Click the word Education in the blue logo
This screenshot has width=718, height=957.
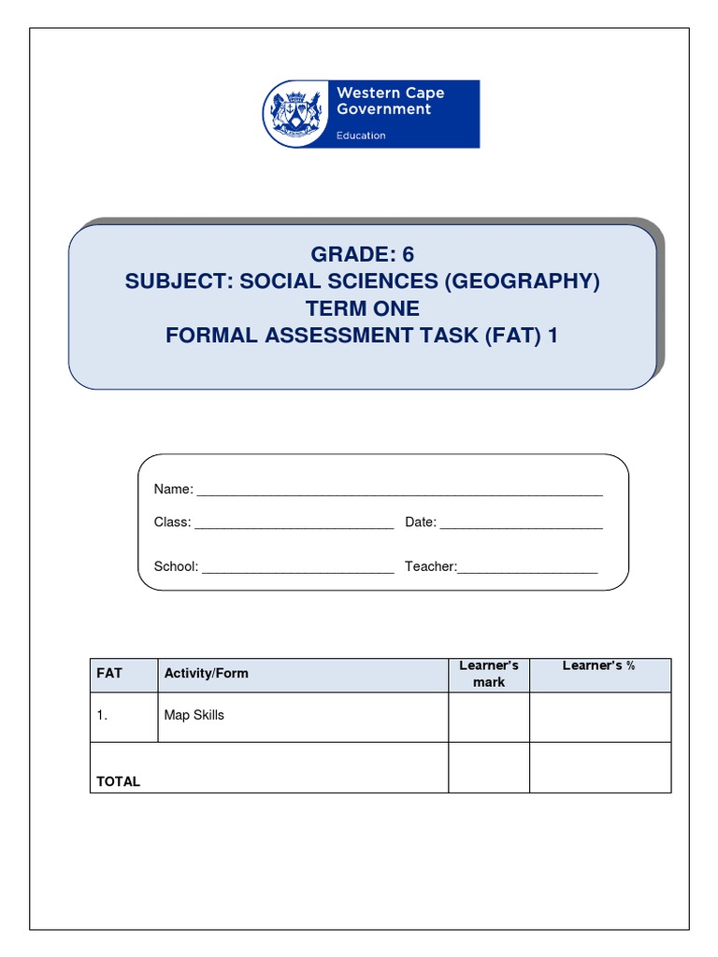(361, 136)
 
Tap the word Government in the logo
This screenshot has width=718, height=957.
(383, 109)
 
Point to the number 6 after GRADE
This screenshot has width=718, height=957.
(407, 254)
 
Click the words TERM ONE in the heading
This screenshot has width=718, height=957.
(362, 308)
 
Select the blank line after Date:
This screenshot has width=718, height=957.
(521, 524)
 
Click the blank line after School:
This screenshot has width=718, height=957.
(297, 568)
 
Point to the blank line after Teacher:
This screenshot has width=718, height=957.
(527, 568)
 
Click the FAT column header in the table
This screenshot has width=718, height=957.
(109, 673)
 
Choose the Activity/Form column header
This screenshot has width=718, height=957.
(207, 673)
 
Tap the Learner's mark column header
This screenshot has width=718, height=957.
(489, 674)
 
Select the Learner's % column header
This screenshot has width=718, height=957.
(598, 666)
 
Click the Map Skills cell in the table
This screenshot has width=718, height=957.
(194, 716)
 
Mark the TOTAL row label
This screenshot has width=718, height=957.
(118, 781)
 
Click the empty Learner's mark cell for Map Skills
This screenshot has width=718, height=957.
(489, 717)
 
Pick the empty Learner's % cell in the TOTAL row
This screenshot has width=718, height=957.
(600, 767)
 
